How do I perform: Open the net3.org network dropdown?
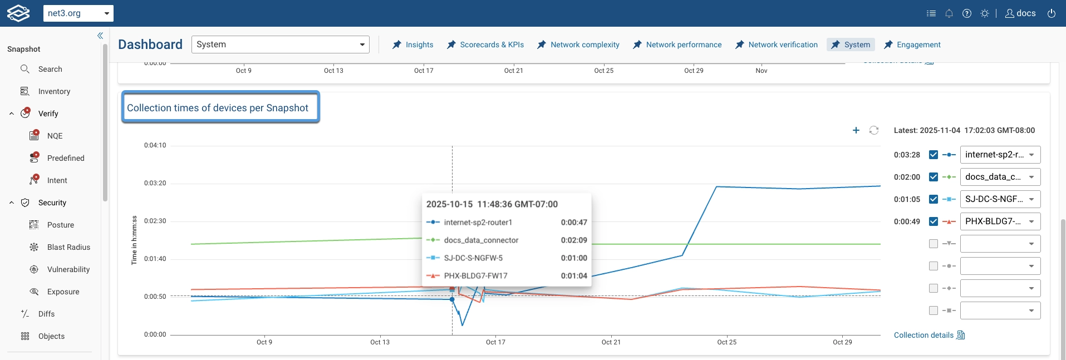tap(78, 13)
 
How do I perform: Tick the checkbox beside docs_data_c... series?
tap(934, 177)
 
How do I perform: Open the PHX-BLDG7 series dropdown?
tap(1000, 221)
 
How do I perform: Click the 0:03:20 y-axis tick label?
tap(155, 183)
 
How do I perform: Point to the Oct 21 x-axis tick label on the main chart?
tap(611, 342)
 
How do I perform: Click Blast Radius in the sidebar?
tap(68, 247)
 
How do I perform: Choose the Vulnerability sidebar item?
tap(68, 269)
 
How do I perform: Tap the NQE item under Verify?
tap(55, 136)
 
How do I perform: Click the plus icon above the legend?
tap(856, 130)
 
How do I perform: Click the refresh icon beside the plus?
tap(874, 130)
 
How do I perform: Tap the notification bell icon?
tap(949, 13)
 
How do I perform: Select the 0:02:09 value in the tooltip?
tap(574, 240)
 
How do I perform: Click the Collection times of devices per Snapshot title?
tap(218, 108)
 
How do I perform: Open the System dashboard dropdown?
tap(280, 45)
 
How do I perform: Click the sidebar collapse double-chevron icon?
tap(100, 36)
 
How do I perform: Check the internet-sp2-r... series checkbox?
tap(934, 155)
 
